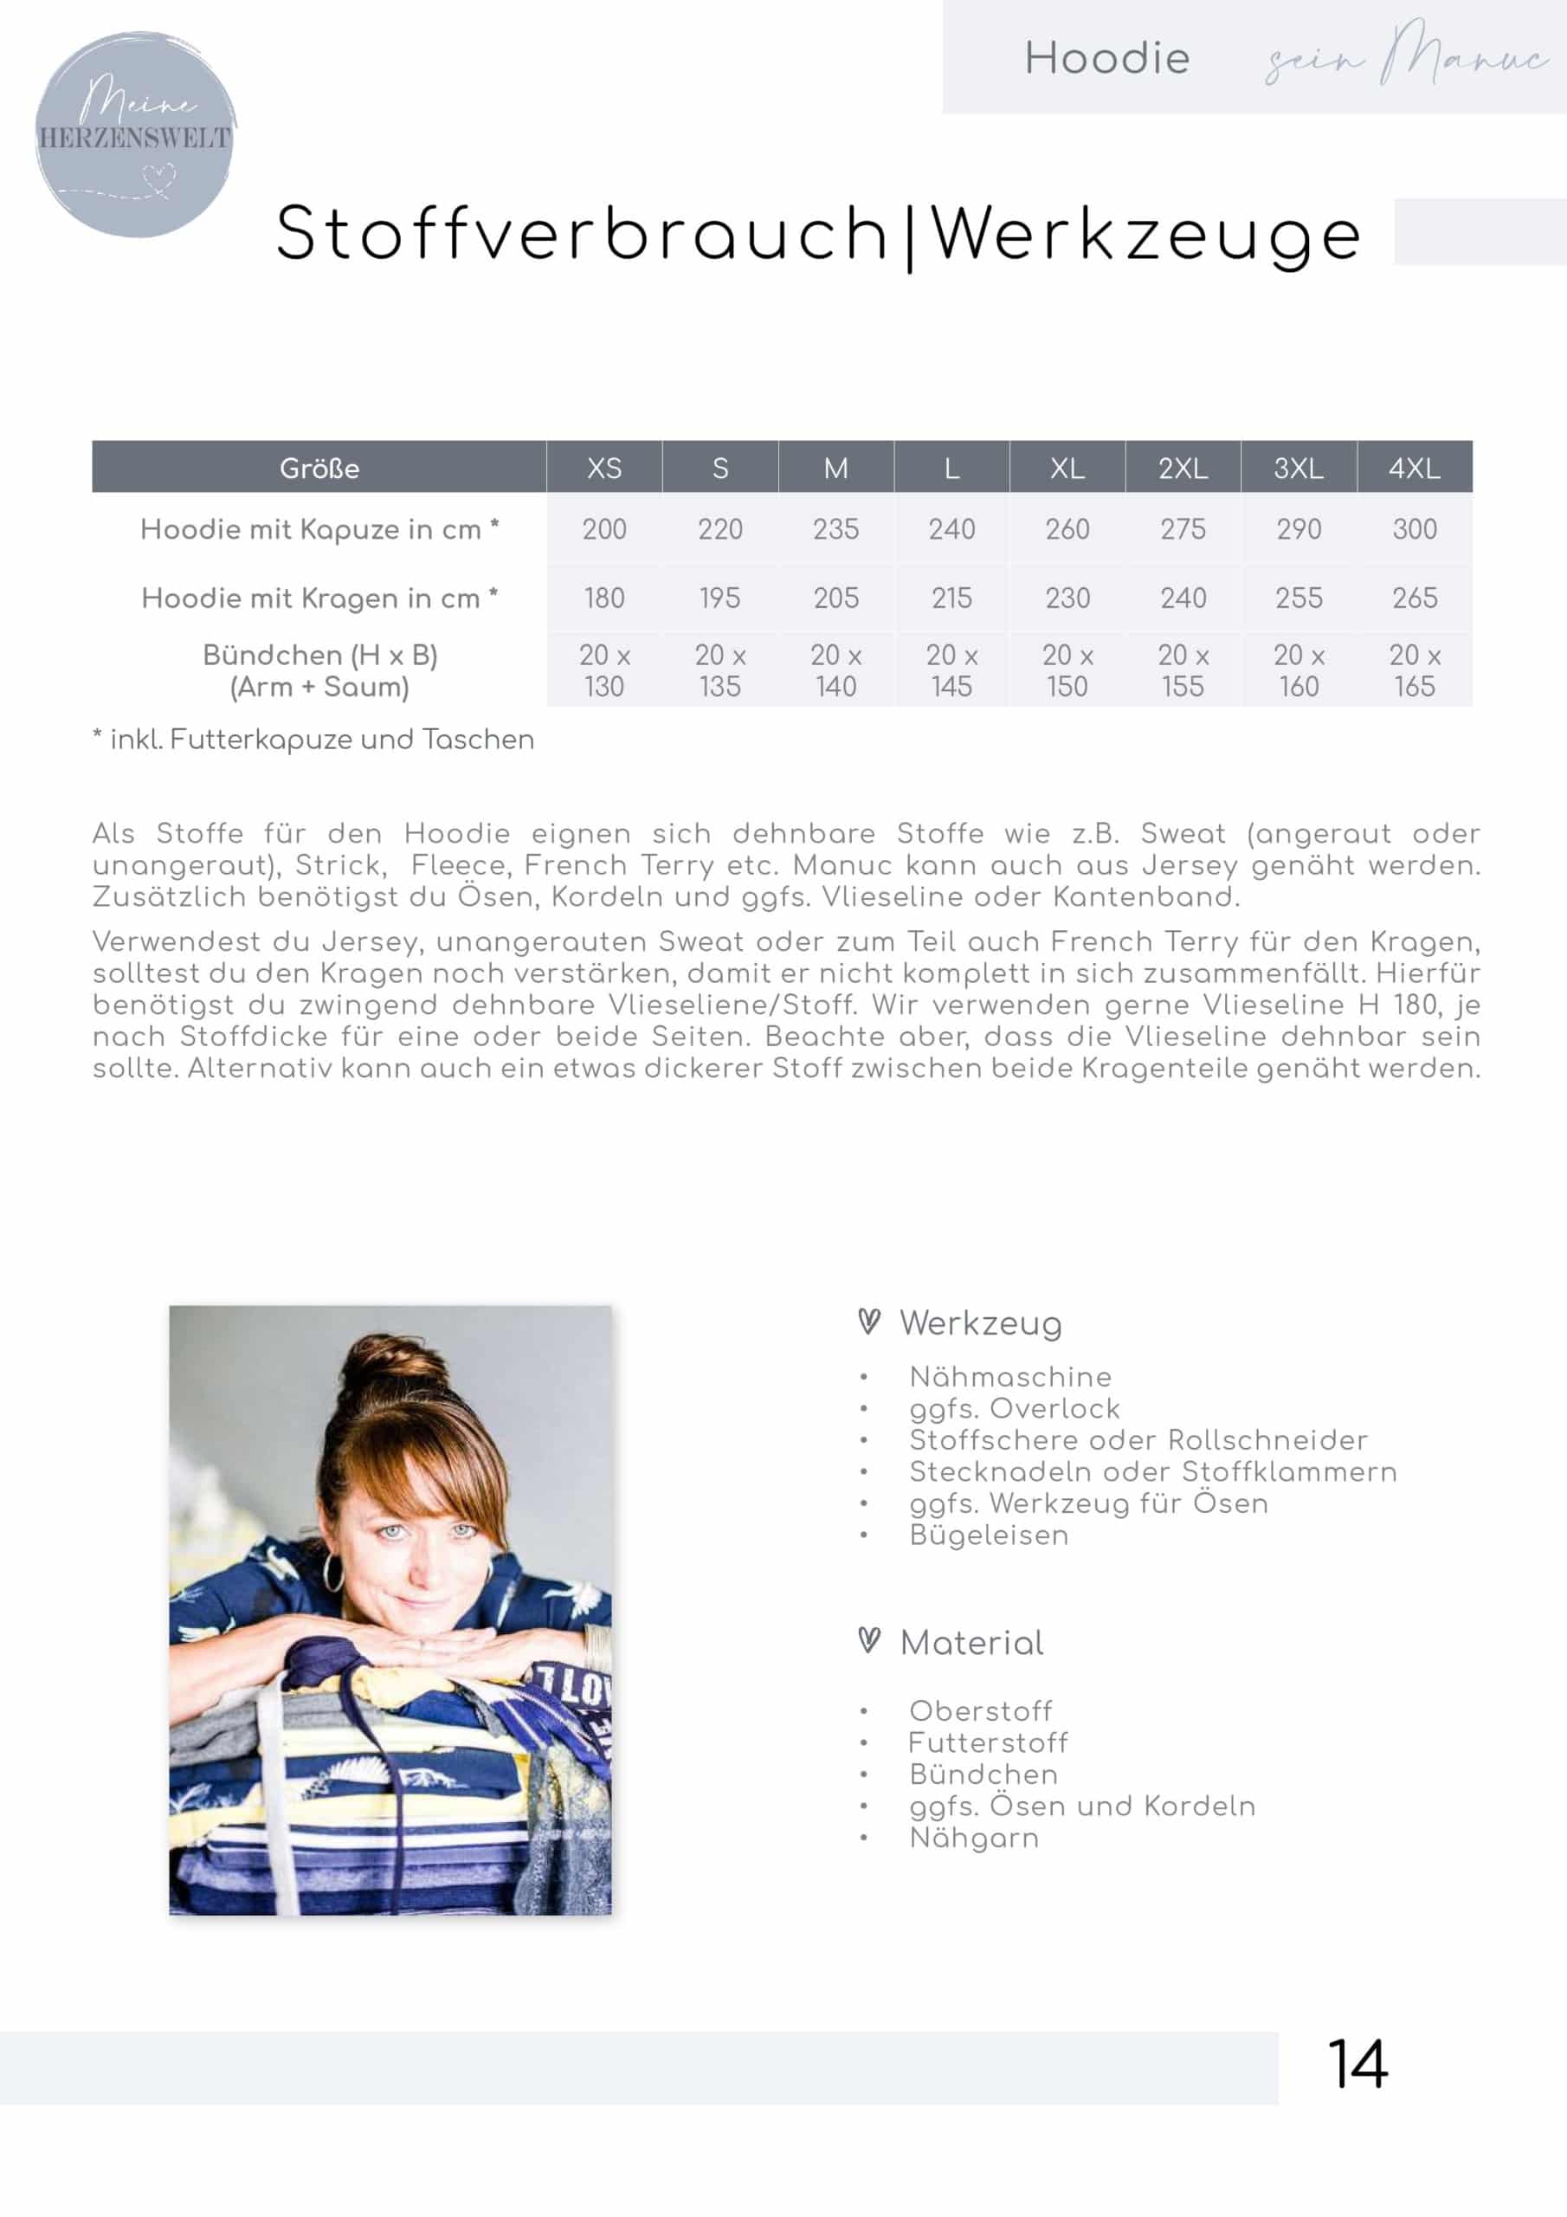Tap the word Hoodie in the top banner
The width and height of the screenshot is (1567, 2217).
click(x=1106, y=59)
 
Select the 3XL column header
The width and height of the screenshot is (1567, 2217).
click(x=1298, y=469)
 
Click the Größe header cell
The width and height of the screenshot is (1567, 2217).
click(x=319, y=469)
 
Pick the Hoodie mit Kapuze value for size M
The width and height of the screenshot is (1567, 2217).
click(x=835, y=529)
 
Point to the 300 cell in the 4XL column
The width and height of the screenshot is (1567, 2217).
click(x=1414, y=529)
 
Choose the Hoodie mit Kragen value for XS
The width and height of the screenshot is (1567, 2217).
click(x=603, y=598)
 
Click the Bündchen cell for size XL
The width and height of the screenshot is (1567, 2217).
click(x=1067, y=671)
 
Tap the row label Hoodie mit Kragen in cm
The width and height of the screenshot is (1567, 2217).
click(x=319, y=598)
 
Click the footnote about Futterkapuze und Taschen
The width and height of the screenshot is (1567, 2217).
click(x=313, y=740)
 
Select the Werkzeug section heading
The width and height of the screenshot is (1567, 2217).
click(x=980, y=1324)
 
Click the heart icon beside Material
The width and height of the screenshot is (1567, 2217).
click(x=869, y=1639)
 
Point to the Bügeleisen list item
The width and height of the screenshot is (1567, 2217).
click(x=989, y=1535)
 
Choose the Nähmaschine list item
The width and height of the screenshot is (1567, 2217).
click(x=1010, y=1377)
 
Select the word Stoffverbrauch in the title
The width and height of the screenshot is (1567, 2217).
click(x=581, y=235)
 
